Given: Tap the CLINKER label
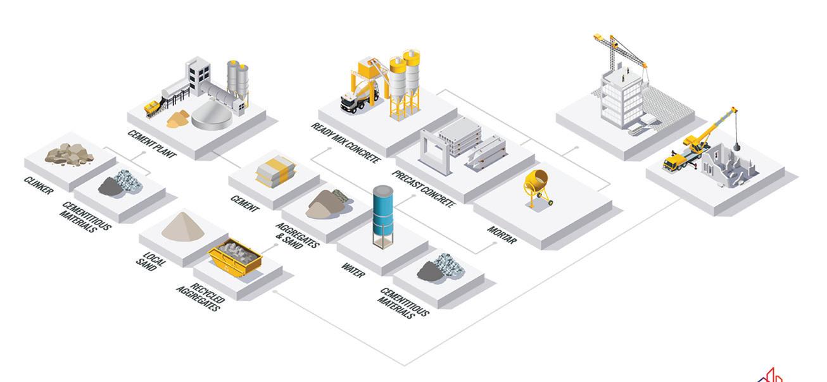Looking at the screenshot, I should pos(39,185).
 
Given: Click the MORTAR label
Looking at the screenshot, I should pos(502,236).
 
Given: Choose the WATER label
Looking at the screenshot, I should pos(353,271).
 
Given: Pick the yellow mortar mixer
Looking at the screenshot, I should pos(538,186).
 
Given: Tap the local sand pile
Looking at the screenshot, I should pos(182,226).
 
